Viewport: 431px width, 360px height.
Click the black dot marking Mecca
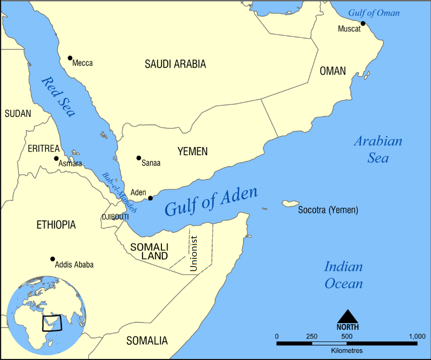pos(70,58)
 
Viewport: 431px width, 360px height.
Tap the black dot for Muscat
pos(363,24)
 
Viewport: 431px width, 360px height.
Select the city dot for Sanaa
pos(138,158)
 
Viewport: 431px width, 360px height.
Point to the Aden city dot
pos(150,198)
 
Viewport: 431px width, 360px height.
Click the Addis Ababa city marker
pos(52,259)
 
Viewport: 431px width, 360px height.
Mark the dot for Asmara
pos(56,158)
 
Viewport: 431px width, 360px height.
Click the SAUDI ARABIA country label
pos(175,65)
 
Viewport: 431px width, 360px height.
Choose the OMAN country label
pos(333,71)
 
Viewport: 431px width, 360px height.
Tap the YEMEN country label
pos(192,151)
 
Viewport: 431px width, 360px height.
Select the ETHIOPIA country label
pos(56,225)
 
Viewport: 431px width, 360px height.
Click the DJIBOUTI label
pos(115,217)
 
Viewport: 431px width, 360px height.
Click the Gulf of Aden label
pos(211,203)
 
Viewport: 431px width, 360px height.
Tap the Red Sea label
pos(58,96)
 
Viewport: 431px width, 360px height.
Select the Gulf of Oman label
pos(374,13)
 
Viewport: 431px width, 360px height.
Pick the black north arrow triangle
pos(347,316)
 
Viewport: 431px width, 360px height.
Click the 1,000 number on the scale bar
pos(416,336)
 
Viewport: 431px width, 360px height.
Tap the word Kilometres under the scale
pos(346,351)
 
